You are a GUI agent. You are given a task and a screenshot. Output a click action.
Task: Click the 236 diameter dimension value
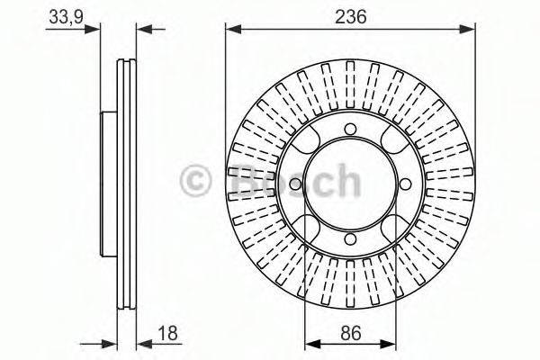[351, 16]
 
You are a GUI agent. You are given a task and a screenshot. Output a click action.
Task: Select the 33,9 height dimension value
[67, 17]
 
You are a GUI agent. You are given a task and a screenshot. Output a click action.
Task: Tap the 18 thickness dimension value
[167, 333]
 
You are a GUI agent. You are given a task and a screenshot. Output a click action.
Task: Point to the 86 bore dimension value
[351, 333]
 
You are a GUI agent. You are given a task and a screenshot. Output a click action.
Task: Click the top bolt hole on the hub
[351, 130]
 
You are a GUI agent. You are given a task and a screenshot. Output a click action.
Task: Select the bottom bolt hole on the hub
[351, 238]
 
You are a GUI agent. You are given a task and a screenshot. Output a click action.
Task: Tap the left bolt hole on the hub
[296, 184]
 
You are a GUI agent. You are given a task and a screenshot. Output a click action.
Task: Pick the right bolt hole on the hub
[405, 184]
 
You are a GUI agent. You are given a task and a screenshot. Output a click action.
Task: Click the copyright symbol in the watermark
[195, 181]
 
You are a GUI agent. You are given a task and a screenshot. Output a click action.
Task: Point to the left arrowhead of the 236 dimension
[233, 30]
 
